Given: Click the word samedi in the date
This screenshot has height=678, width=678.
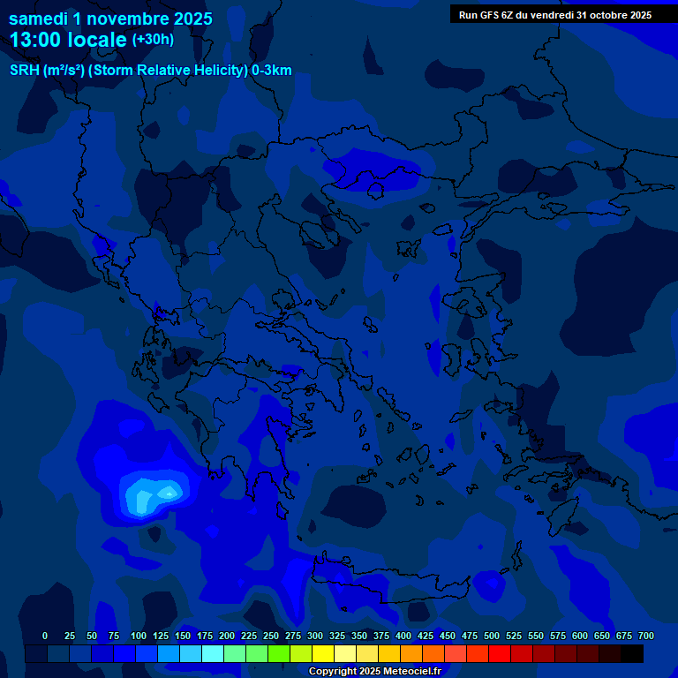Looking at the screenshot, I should (x=39, y=19).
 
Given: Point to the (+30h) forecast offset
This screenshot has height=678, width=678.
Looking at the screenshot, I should (x=153, y=40).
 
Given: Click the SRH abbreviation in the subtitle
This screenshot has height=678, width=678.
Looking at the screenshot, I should (x=23, y=71).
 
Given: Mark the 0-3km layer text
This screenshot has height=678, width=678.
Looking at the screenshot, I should (x=272, y=71).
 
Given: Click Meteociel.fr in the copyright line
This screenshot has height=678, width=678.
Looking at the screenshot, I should (x=411, y=672).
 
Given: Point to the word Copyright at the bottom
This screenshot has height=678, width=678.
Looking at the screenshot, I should (x=332, y=672).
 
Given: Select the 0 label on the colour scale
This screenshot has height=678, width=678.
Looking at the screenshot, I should (x=45, y=636).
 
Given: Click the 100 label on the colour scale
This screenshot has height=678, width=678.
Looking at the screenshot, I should (x=139, y=636).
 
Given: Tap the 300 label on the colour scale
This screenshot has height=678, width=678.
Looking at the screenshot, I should (x=315, y=636).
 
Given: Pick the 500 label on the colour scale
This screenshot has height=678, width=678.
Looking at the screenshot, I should (x=492, y=636).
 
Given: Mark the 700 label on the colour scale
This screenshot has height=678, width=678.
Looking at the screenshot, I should (x=646, y=636).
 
